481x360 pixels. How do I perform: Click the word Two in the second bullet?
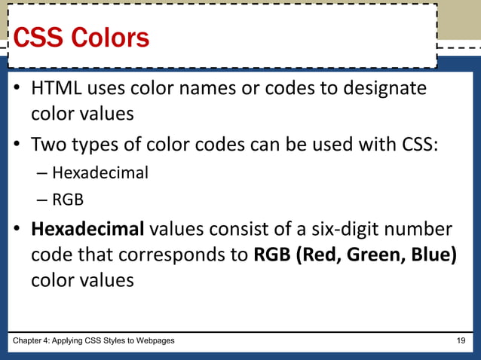[x=47, y=143]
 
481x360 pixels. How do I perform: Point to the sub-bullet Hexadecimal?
[x=100, y=172]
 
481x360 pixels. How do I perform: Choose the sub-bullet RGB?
[x=68, y=200]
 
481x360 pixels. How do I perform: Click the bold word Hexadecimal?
[x=87, y=228]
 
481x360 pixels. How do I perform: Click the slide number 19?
[x=461, y=341]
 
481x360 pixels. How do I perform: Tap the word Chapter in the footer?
[x=26, y=341]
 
